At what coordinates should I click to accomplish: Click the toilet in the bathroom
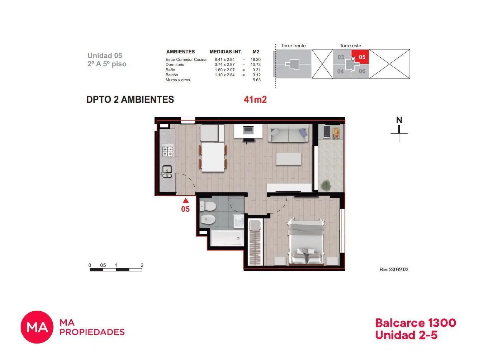point(208,206)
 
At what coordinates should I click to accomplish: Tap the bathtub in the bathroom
point(227,238)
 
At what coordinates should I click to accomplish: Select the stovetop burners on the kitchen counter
point(167,151)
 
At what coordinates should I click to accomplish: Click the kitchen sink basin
point(167,169)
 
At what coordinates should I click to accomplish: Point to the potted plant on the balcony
point(326,185)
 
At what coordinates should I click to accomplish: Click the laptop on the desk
point(248,129)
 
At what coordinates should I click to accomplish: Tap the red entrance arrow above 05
point(185,200)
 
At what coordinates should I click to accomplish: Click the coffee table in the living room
point(289,159)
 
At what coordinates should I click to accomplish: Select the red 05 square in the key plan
point(360,57)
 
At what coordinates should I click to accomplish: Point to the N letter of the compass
point(399,120)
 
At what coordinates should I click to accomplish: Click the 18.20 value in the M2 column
point(255,59)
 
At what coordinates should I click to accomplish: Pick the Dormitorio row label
point(175,64)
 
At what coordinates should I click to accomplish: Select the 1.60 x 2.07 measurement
point(224,70)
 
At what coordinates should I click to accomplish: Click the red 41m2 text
point(255,100)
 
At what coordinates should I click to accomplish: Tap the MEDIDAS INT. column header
point(226,52)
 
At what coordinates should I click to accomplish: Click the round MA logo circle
point(37,327)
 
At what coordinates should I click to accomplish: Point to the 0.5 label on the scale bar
point(103,265)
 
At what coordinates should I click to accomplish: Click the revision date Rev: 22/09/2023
point(394,269)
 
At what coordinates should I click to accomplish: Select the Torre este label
point(350,46)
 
